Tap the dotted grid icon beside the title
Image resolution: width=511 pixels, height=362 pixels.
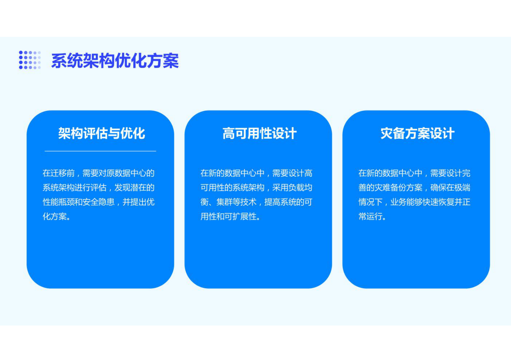click(x=30, y=60)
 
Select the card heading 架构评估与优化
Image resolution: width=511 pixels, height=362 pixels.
click(x=101, y=133)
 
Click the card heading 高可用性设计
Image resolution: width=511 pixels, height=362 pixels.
click(x=259, y=133)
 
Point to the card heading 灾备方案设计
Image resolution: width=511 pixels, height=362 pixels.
click(x=417, y=133)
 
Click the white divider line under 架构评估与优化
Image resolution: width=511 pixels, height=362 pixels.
click(x=100, y=151)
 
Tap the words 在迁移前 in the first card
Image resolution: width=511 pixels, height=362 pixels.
click(x=59, y=173)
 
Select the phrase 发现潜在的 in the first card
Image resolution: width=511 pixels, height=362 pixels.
click(x=134, y=188)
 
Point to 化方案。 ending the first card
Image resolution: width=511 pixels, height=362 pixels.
click(x=57, y=216)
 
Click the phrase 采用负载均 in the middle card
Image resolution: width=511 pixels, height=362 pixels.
click(x=292, y=188)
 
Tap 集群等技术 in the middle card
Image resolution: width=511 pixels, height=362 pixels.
click(x=236, y=202)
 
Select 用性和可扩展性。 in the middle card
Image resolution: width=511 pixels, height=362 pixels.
click(x=231, y=216)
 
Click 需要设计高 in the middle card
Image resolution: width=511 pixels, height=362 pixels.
click(x=292, y=173)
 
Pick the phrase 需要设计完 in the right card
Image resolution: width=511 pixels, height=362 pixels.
click(x=450, y=173)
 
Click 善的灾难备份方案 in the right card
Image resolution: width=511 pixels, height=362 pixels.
click(x=390, y=188)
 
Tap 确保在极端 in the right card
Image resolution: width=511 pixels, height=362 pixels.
click(x=450, y=188)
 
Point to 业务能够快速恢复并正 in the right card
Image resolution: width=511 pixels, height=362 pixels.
click(x=430, y=202)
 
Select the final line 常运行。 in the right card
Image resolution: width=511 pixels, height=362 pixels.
click(x=372, y=216)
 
